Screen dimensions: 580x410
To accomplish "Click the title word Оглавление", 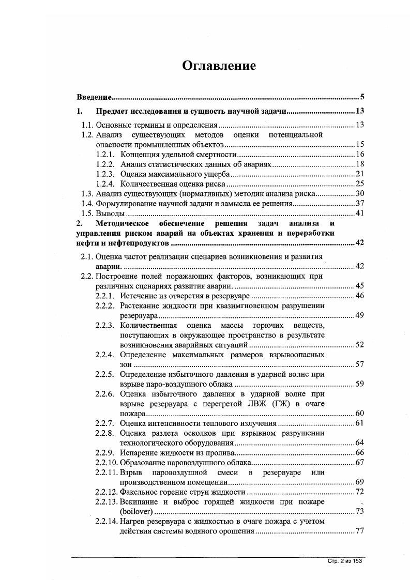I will point(219,66).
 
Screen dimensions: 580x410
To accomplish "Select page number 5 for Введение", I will point(363,97).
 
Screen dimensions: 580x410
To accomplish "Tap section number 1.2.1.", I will point(107,154).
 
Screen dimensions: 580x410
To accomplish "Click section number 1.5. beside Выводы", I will point(88,213).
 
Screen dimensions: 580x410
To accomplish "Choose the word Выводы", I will point(111,213).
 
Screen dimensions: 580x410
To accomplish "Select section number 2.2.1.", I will point(105,296).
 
